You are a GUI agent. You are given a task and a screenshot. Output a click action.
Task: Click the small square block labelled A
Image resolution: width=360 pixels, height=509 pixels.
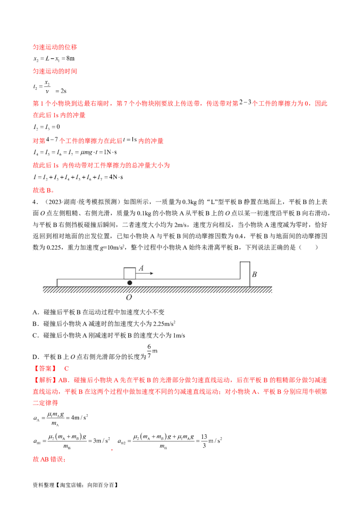130,273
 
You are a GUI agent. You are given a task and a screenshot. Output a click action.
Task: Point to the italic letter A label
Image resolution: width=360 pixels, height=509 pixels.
141,268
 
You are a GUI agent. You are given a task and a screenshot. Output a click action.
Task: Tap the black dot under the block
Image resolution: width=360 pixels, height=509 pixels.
130,283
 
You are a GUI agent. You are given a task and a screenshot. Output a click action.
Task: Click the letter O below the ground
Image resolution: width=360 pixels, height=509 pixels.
129,297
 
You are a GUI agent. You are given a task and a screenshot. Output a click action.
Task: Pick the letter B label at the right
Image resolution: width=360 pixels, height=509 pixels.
254,274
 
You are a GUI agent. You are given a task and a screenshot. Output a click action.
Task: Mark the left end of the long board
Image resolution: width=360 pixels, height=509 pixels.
58,282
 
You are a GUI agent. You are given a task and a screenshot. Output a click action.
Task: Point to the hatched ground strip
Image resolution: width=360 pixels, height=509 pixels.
157,290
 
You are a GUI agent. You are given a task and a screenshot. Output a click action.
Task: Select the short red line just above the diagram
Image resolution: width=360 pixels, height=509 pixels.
43,191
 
